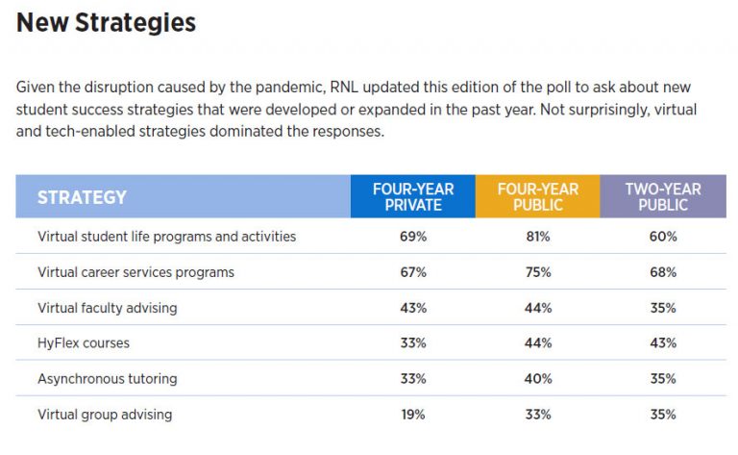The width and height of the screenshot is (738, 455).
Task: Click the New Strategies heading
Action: pos(106,23)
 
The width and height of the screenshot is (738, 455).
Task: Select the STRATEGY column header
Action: pos(82,197)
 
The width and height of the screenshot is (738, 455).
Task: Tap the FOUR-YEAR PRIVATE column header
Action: pos(413,196)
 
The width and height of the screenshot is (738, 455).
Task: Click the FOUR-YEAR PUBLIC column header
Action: pos(537,196)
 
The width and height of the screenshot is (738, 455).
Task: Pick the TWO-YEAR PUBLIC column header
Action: pos(662,196)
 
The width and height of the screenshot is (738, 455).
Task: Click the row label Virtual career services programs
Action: pos(135,272)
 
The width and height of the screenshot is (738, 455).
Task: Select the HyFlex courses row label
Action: pos(83,343)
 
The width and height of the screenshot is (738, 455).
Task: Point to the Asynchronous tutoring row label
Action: pos(107,379)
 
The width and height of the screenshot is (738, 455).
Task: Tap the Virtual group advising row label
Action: pos(105,415)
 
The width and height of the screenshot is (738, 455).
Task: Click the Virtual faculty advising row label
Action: pos(107,308)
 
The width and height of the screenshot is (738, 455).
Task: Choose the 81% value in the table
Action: pos(538,237)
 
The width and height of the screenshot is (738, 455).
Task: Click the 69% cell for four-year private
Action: pos(413,237)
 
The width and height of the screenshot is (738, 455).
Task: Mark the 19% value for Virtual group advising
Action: pos(413,415)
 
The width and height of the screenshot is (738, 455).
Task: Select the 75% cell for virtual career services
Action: pos(538,272)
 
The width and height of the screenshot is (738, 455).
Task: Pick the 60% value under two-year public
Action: pos(663,237)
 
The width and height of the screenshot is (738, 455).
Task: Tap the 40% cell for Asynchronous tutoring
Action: pos(538,379)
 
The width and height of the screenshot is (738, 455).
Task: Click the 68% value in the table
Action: pos(663,272)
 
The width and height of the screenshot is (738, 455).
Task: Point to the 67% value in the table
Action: pos(413,272)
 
